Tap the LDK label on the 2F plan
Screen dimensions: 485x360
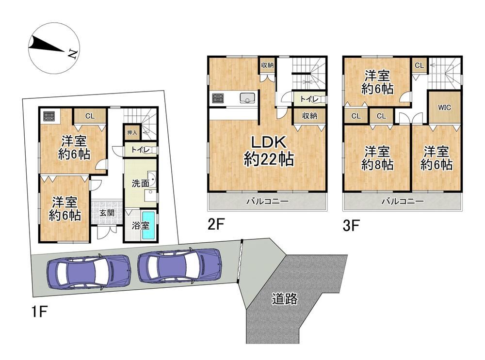[268, 143]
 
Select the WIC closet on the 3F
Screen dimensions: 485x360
[444, 108]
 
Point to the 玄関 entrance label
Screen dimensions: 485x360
[107, 213]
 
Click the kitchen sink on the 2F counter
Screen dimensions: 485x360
[247, 98]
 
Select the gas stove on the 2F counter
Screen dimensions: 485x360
[218, 98]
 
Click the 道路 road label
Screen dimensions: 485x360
[285, 299]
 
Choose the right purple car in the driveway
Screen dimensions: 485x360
[180, 266]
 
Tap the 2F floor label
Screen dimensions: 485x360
[216, 225]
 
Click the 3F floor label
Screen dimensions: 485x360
[351, 226]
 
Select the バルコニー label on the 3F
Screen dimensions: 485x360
[402, 202]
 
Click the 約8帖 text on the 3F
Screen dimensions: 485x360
[377, 165]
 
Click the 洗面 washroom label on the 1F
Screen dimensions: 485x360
[140, 184]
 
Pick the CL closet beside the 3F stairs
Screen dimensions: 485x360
[419, 65]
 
